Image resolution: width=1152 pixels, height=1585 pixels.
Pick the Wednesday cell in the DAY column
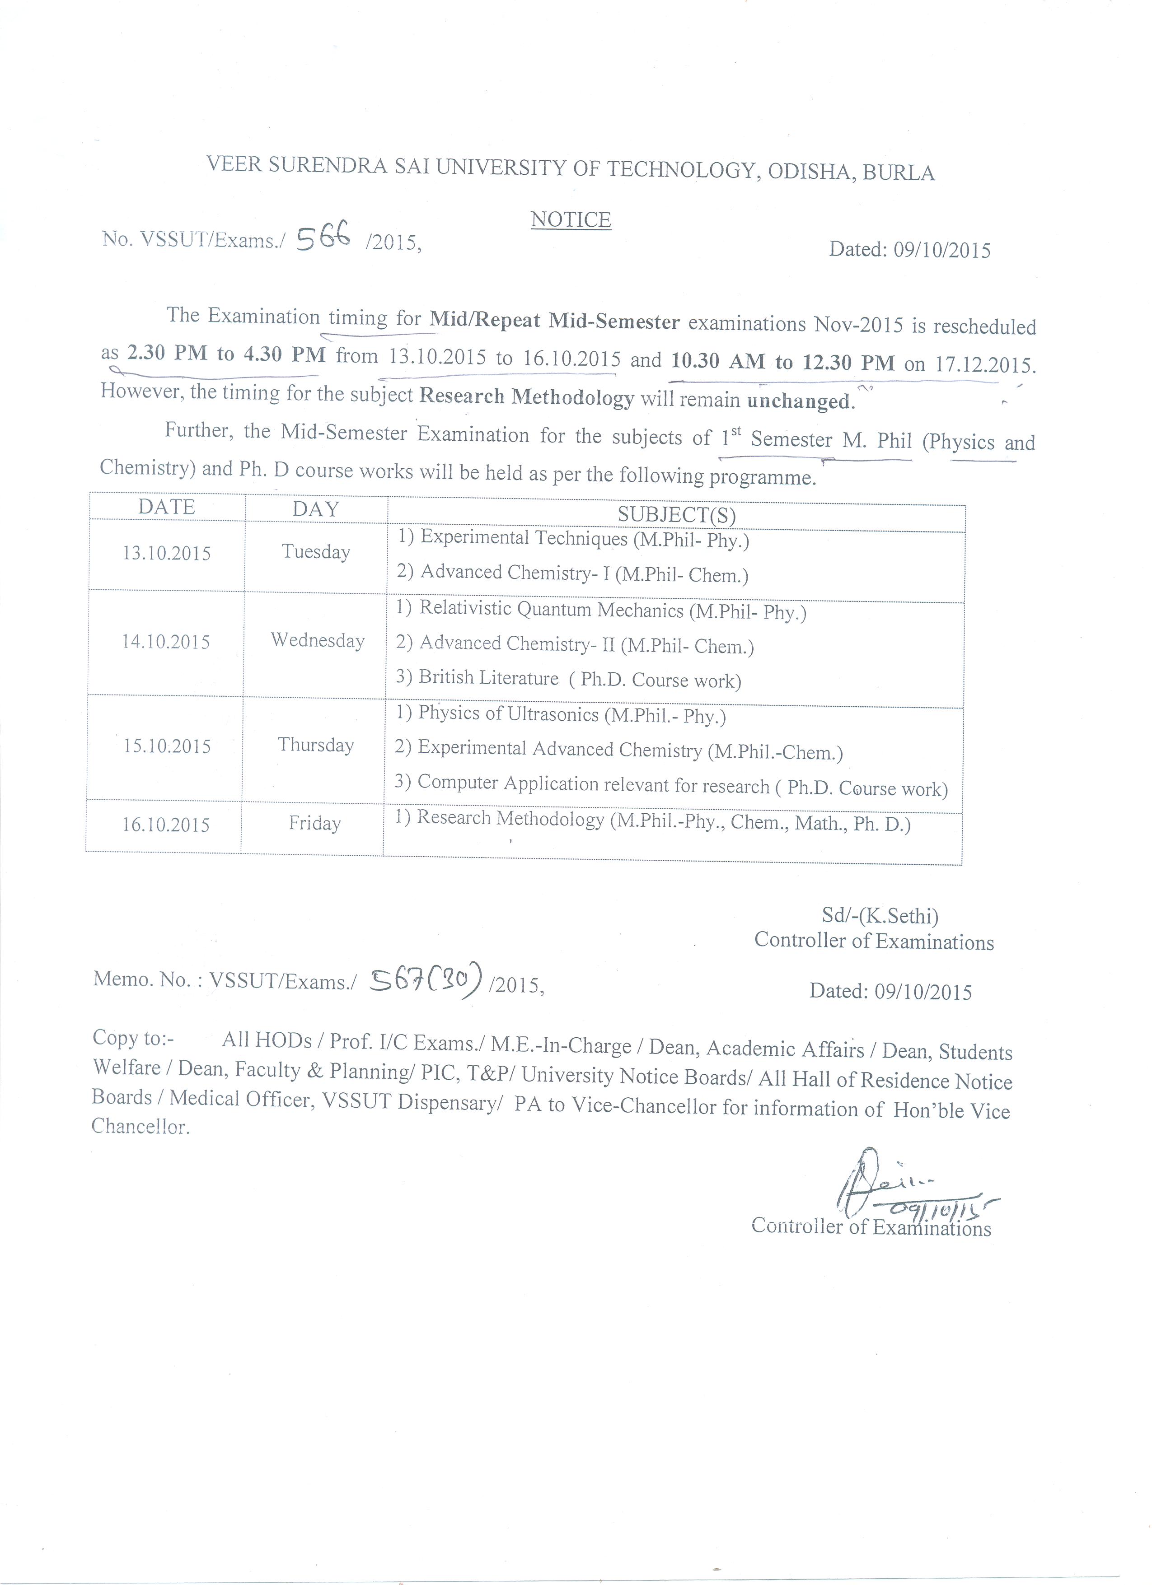(318, 640)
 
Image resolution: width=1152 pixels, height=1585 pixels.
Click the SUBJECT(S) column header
(676, 515)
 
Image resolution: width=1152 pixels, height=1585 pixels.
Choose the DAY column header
(315, 509)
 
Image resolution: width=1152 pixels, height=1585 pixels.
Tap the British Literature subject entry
(489, 677)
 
